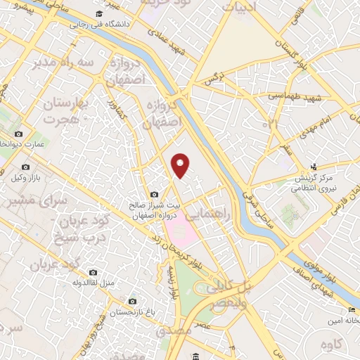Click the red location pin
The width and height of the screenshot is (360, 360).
click(181, 165)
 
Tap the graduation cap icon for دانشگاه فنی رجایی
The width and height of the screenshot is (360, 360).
click(100, 15)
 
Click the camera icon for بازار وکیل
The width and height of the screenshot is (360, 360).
click(25, 167)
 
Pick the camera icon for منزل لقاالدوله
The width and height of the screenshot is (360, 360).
click(94, 273)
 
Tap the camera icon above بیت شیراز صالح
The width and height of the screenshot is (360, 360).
click(155, 194)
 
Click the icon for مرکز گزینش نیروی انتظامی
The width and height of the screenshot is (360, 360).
click(314, 167)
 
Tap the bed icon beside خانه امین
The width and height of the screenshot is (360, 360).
click(351, 310)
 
